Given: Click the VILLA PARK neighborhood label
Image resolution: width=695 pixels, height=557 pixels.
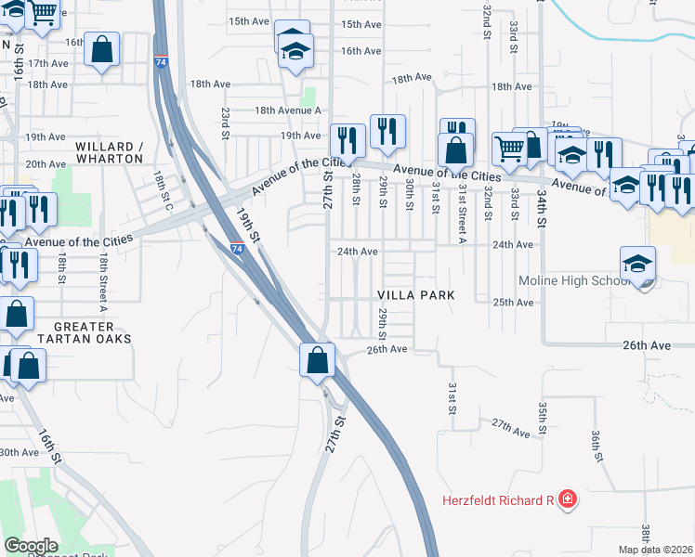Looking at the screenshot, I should pyautogui.click(x=415, y=294).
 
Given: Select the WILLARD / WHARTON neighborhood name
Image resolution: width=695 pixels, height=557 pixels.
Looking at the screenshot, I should pyautogui.click(x=110, y=152).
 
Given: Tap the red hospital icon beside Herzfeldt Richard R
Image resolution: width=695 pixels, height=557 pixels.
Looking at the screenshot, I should pyautogui.click(x=568, y=500).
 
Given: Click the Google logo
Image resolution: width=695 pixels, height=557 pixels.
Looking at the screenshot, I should pyautogui.click(x=31, y=546).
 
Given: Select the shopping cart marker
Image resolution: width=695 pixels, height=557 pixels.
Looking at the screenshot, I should pyautogui.click(x=508, y=147).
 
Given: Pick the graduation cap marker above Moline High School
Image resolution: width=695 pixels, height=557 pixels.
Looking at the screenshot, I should pyautogui.click(x=637, y=263).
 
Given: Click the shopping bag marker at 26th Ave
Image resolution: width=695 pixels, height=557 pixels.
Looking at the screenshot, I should pyautogui.click(x=318, y=358).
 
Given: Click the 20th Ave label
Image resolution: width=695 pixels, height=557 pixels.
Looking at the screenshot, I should pyautogui.click(x=46, y=164).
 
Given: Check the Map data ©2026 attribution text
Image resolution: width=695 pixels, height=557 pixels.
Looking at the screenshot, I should pyautogui.click(x=655, y=550).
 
